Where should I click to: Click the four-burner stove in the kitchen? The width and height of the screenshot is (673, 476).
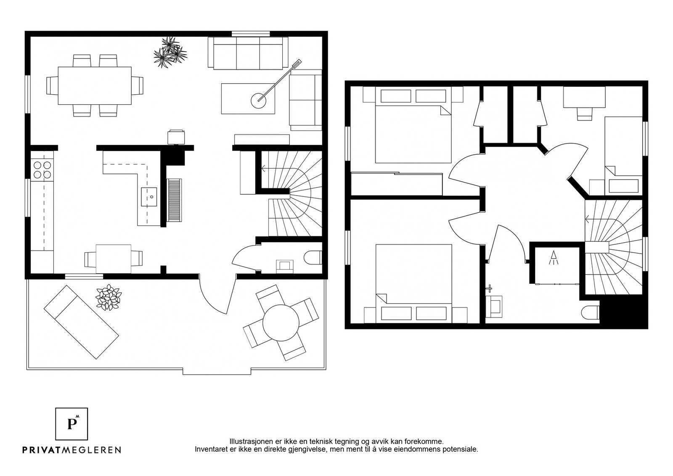42,170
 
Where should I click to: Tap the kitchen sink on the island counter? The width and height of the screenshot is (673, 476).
149,197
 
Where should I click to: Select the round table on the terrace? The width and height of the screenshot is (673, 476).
281,323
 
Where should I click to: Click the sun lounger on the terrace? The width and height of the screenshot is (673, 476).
81,322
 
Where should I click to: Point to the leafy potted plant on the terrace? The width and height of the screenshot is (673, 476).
109,297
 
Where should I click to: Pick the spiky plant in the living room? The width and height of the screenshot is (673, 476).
170,52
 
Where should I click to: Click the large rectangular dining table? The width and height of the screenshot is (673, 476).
95,86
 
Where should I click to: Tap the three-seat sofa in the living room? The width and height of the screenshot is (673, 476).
248,53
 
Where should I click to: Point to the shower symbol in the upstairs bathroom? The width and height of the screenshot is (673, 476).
554,258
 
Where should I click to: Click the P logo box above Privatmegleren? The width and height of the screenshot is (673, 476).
72,424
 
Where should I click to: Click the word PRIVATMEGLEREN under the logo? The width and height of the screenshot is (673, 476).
72,450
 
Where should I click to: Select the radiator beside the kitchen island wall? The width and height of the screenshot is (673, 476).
175,200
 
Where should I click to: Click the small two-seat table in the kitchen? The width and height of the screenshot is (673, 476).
114,259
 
